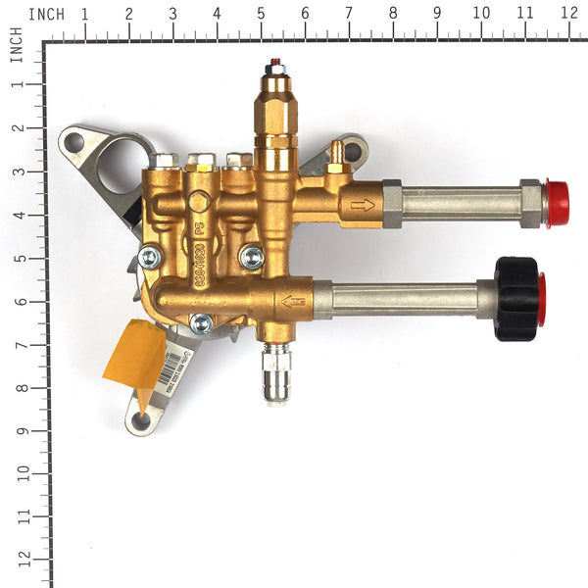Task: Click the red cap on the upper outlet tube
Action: (557, 203)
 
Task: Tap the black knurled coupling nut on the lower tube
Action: (515, 298)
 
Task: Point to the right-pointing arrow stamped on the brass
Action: (362, 206)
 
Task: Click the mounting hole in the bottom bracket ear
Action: (141, 419)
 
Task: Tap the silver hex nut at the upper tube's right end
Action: (531, 202)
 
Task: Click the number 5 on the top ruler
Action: (261, 14)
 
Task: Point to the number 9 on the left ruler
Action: (17, 429)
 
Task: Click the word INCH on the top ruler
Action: (46, 14)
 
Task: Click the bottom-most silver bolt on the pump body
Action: (201, 322)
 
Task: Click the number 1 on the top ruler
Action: (84, 14)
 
